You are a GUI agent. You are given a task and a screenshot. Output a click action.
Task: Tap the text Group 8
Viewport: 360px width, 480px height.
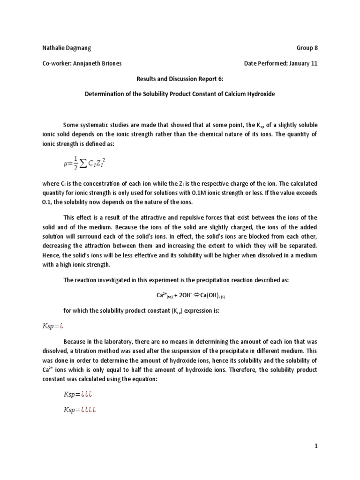(x=307, y=48)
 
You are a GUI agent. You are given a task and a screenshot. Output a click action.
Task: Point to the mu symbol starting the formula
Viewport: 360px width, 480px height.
(x=66, y=164)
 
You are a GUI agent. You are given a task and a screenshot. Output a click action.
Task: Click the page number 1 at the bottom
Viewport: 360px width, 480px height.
(x=316, y=447)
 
